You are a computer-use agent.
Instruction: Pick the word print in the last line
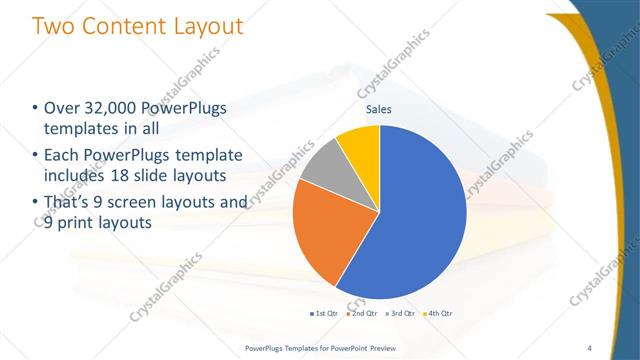pos(78,224)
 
